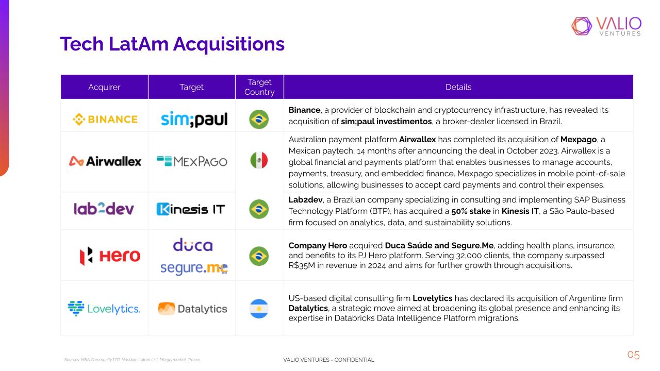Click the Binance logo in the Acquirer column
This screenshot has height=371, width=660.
click(x=105, y=119)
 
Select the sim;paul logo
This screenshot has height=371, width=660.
click(x=194, y=119)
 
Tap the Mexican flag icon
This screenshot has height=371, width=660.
click(x=259, y=160)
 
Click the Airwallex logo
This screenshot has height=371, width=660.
click(x=105, y=161)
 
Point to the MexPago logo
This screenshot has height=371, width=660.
click(x=192, y=161)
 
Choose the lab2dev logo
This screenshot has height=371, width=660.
click(x=104, y=209)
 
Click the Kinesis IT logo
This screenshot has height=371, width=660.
click(x=191, y=209)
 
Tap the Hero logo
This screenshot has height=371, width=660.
click(x=110, y=256)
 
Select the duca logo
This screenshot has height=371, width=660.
click(x=193, y=245)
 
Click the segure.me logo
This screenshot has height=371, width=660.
click(x=194, y=268)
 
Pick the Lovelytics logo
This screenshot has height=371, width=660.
click(x=104, y=309)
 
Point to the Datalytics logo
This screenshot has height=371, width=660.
click(x=193, y=309)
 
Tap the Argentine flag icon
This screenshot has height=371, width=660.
click(x=259, y=309)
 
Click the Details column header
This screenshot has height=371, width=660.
click(x=458, y=87)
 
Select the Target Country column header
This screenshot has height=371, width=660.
click(x=259, y=87)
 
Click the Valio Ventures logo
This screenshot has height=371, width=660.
click(x=606, y=26)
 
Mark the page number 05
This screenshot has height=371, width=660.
click(x=634, y=355)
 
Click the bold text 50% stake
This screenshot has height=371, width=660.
click(x=471, y=211)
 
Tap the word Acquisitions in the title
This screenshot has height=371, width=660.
click(x=228, y=44)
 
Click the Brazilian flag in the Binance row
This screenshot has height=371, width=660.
click(x=259, y=119)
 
